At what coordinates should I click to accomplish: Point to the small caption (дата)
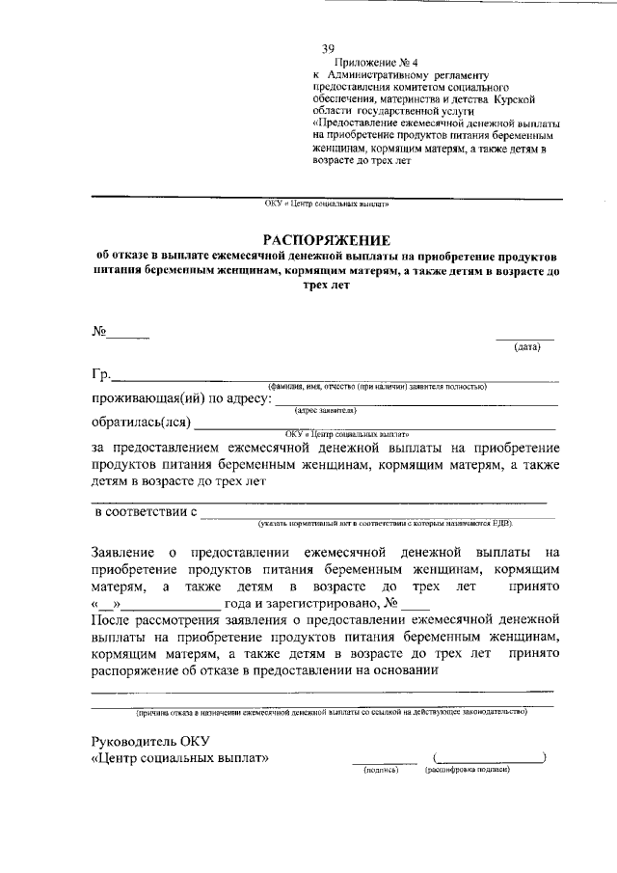(x=526, y=347)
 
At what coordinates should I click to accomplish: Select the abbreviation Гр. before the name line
(x=101, y=375)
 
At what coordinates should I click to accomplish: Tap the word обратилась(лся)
(x=142, y=423)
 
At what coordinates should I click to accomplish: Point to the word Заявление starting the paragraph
(x=123, y=553)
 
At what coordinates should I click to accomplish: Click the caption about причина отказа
(x=332, y=712)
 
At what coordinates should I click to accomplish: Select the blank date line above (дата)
(x=525, y=338)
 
